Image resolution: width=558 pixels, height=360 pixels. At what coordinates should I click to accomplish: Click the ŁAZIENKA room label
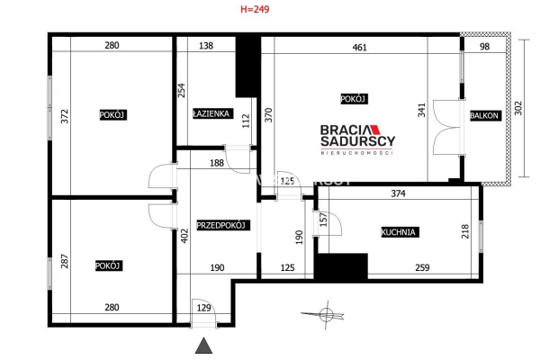pyautogui.click(x=211, y=113)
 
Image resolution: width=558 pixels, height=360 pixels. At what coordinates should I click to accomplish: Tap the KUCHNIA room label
pyautogui.click(x=398, y=232)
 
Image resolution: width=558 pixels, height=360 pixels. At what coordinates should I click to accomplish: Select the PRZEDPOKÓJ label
pyautogui.click(x=221, y=225)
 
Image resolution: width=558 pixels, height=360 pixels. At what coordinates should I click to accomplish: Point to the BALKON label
pyautogui.click(x=484, y=115)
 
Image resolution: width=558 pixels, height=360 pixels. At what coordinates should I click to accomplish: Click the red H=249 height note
pyautogui.click(x=255, y=9)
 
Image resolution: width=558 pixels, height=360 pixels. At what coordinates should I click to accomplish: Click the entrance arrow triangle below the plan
pyautogui.click(x=204, y=346)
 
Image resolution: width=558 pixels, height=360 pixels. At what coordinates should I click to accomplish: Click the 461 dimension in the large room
pyautogui.click(x=359, y=48)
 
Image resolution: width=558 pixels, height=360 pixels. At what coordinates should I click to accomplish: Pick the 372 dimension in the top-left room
pyautogui.click(x=65, y=116)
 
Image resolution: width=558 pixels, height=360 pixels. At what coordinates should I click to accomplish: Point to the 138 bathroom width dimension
pyautogui.click(x=206, y=46)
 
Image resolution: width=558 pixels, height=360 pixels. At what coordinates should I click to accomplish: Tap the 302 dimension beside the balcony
pyautogui.click(x=518, y=108)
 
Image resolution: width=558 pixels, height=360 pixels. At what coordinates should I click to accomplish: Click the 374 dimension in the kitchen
pyautogui.click(x=398, y=193)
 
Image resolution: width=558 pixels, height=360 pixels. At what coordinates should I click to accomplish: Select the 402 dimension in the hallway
pyautogui.click(x=184, y=236)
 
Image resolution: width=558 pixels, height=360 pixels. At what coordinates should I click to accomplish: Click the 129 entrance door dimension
pyautogui.click(x=204, y=308)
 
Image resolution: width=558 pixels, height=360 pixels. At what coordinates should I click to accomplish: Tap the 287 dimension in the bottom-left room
pyautogui.click(x=65, y=261)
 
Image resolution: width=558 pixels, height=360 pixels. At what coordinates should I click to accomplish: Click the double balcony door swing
pyautogui.click(x=446, y=128)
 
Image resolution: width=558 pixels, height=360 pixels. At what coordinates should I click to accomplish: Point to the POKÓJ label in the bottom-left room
pyautogui.click(x=109, y=265)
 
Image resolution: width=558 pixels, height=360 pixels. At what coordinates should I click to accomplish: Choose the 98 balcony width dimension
pyautogui.click(x=485, y=47)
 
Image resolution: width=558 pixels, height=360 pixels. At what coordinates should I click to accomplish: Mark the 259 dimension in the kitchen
pyautogui.click(x=422, y=267)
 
